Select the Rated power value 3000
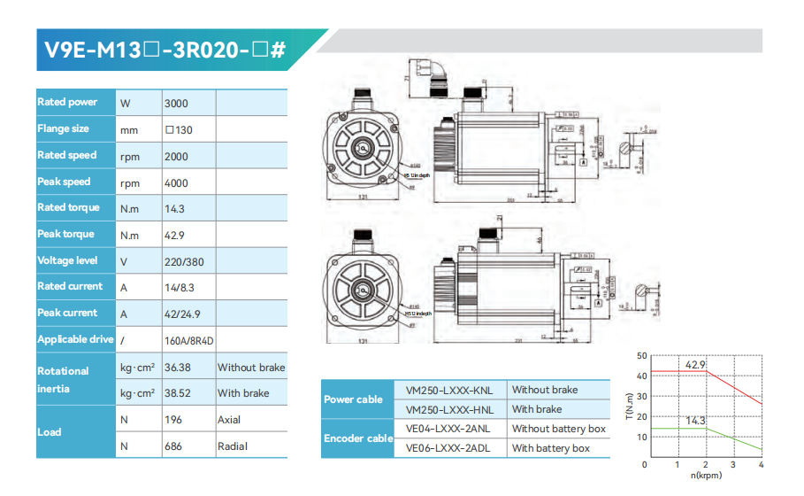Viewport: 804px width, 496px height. point(176,104)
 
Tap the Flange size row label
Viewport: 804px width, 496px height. point(63,129)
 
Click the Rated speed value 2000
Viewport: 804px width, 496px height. point(176,156)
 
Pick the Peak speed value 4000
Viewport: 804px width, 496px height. point(176,182)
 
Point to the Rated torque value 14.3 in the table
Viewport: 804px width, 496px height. point(174,209)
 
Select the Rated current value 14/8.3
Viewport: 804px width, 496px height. point(180,288)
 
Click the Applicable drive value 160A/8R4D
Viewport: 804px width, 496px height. point(188,340)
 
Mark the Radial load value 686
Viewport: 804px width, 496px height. point(173,446)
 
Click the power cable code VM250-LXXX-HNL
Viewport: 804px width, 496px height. point(449,409)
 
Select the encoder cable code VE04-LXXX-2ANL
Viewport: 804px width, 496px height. point(449,429)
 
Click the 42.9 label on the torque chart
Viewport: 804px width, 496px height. point(695,365)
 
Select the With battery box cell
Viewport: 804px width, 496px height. point(550,448)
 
